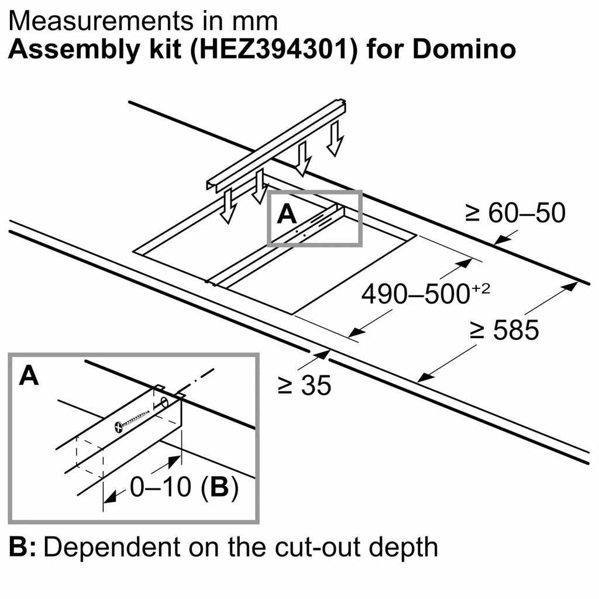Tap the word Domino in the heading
[465, 49]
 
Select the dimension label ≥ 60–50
[515, 214]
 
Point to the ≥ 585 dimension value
[504, 331]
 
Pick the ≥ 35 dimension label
[304, 385]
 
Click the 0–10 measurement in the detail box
[160, 488]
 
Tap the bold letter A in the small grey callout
[286, 215]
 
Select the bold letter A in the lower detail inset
[29, 376]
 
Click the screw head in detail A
[119, 426]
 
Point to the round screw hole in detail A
[164, 403]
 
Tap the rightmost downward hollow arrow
[335, 139]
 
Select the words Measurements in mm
[143, 21]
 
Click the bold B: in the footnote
[23, 548]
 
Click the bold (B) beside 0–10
[219, 488]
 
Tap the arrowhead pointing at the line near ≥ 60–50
[499, 239]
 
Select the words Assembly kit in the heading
[82, 49]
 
